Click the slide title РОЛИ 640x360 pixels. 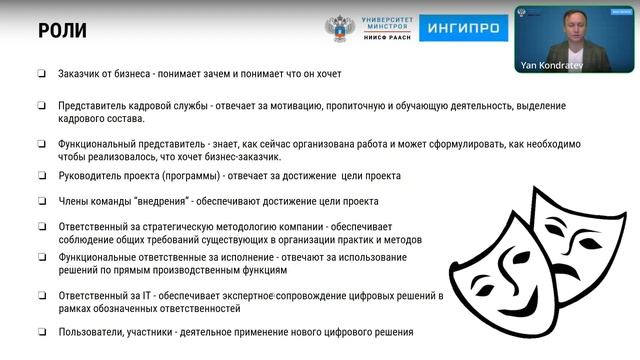(62, 30)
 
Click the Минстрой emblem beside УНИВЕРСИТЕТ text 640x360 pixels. (340, 28)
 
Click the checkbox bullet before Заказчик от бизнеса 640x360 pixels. (42, 73)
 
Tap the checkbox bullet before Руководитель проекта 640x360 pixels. (42, 176)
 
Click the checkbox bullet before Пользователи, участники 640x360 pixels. (42, 332)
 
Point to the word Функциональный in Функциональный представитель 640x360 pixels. (103, 143)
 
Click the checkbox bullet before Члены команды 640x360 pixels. (42, 201)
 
